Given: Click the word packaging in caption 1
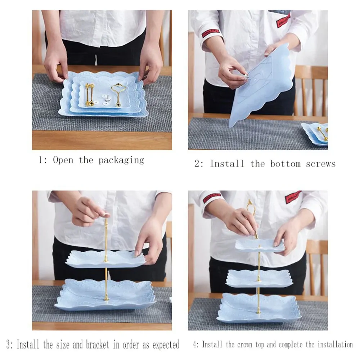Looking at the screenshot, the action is [121, 160].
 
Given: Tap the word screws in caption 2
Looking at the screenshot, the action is [320, 164].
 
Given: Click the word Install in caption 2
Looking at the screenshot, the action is [227, 164].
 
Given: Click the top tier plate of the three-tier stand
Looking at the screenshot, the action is [260, 245].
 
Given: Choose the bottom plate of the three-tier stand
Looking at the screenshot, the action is [259, 308].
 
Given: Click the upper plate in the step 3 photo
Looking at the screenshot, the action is [105, 259].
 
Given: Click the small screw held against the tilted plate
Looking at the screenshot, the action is [246, 76].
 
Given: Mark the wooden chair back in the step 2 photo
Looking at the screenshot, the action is [311, 91].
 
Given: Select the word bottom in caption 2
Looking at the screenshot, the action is [285, 164].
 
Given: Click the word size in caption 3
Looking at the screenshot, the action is [62, 345].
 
